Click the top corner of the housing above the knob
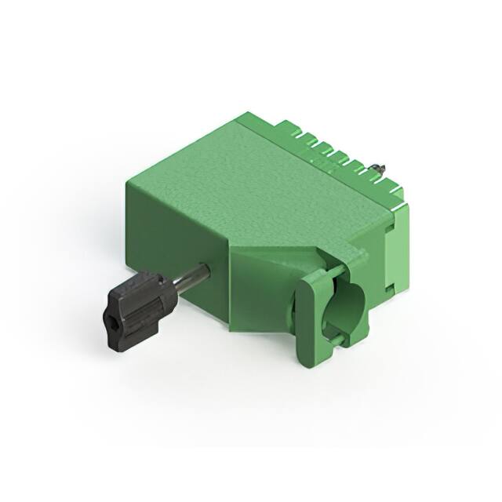click(x=127, y=183)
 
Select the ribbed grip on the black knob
click(x=141, y=302)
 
